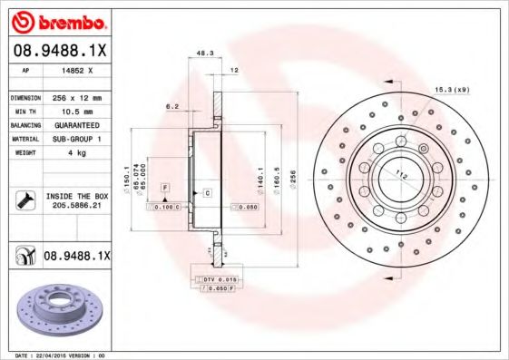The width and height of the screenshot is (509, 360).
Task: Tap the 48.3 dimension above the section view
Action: (x=205, y=54)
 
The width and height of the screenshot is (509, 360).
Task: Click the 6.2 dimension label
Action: (x=171, y=106)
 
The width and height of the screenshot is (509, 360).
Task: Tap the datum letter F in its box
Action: (x=166, y=187)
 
